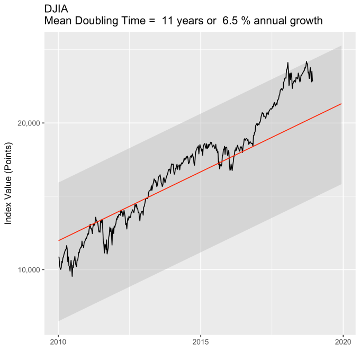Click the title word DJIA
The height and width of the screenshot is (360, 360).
pos(56,9)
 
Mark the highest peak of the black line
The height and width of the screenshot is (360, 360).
pos(287,62)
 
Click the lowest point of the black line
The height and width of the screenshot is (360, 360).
pos(72,276)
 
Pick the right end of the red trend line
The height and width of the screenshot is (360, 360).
pos(342,104)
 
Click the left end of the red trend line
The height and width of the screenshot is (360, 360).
pos(58,241)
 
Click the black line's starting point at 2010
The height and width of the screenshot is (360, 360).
pos(58,257)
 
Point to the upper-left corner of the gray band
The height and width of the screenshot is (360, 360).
pos(58,183)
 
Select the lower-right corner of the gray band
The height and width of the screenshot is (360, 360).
pos(342,184)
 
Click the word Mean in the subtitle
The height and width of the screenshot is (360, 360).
pos(58,21)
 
